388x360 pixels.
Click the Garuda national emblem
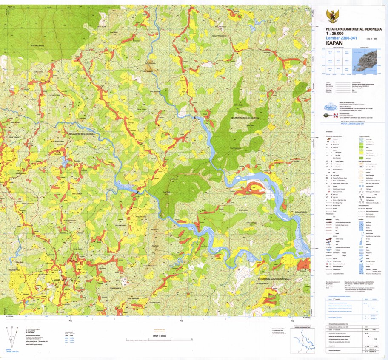(x=331, y=16)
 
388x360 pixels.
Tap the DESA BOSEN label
(x=121, y=226)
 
